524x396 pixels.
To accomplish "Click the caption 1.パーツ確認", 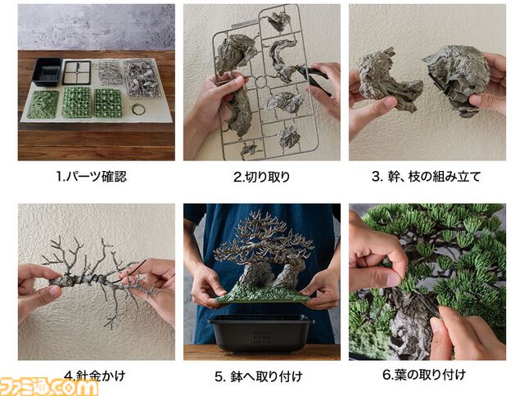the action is (x=92, y=176).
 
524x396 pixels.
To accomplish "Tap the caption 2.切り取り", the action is (x=261, y=177).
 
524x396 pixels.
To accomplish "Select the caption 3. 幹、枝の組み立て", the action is (x=426, y=176).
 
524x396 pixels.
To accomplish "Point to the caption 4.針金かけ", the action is (x=95, y=376).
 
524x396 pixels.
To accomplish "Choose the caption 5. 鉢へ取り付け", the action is (x=259, y=376).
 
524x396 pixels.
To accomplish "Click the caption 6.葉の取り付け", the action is (x=424, y=375).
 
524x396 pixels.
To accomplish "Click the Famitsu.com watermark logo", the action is (x=49, y=387).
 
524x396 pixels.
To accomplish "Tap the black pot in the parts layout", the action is (x=47, y=72).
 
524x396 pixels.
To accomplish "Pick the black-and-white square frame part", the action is (x=76, y=73).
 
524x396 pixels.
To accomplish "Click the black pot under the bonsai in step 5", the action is (x=261, y=332).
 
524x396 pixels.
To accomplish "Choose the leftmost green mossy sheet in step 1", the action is (x=43, y=105).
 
